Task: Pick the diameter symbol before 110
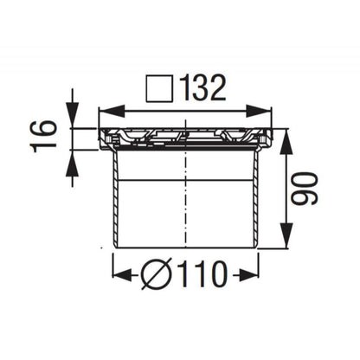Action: [158, 276]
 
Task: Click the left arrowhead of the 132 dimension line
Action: [106, 111]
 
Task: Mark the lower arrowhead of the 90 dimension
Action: [282, 241]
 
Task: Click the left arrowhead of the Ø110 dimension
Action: [119, 276]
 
